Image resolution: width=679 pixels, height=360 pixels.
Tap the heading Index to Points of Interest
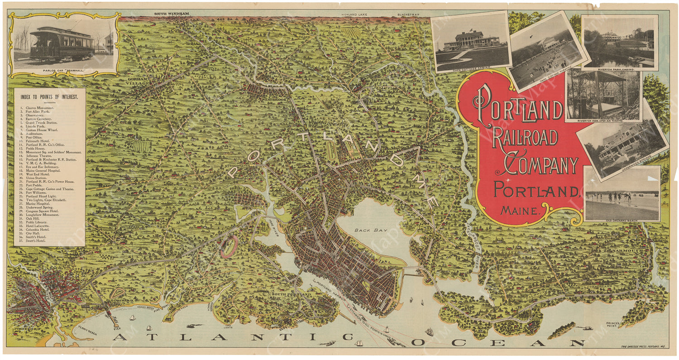point(49,96)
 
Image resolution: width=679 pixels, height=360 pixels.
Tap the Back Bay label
point(365,230)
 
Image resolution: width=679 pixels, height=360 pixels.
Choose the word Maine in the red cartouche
point(520,210)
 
